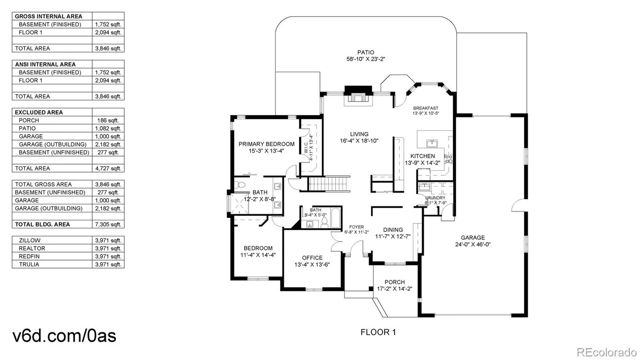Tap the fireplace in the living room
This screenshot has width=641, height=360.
[x=358, y=95]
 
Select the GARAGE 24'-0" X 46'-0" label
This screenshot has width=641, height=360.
[x=473, y=241]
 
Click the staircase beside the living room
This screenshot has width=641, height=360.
[x=329, y=184]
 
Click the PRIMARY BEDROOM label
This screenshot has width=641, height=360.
[x=266, y=147]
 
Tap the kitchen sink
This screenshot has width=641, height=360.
[x=432, y=143]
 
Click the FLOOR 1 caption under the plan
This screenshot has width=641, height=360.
[x=378, y=332]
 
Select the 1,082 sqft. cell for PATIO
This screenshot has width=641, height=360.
[x=108, y=129]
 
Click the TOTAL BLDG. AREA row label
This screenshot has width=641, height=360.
[x=42, y=225]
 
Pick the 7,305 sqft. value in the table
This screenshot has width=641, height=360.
[x=108, y=225]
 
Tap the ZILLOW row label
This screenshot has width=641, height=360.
[x=30, y=241]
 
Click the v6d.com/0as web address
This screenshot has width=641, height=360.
[x=65, y=336]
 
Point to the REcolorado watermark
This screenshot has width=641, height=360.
[x=607, y=352]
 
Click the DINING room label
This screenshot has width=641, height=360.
[x=393, y=233]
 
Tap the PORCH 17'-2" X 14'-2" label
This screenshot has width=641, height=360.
[x=394, y=286]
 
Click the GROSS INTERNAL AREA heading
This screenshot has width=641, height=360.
[x=48, y=16]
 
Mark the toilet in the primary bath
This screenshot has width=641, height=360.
[x=240, y=185]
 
